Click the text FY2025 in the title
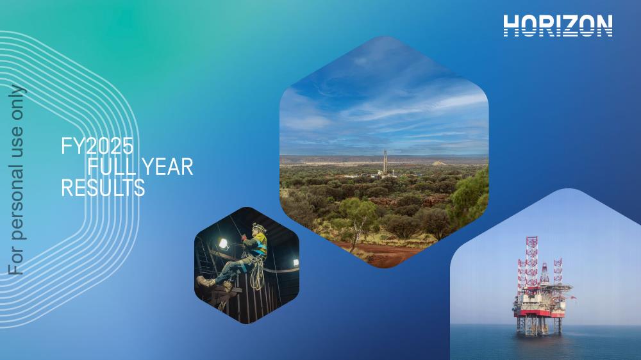coord(97,146)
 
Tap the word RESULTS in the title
coord(103,188)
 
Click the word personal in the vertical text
coord(17,195)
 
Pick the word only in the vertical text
coord(17,102)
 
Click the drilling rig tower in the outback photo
coord(385,162)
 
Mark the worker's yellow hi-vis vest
coord(260,244)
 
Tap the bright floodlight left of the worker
coord(223,244)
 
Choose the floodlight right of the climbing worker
coord(296,263)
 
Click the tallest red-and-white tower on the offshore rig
coord(531,261)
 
